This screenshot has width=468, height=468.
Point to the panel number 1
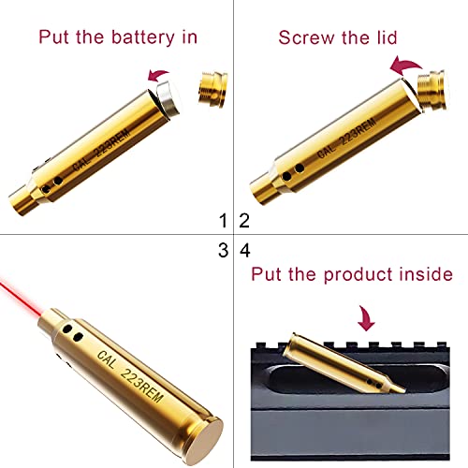click(x=223, y=221)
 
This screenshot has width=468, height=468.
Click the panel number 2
click(x=245, y=221)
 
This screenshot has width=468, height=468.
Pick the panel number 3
click(x=223, y=250)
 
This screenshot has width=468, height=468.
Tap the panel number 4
click(x=245, y=250)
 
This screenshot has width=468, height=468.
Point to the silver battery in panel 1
click(x=164, y=96)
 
